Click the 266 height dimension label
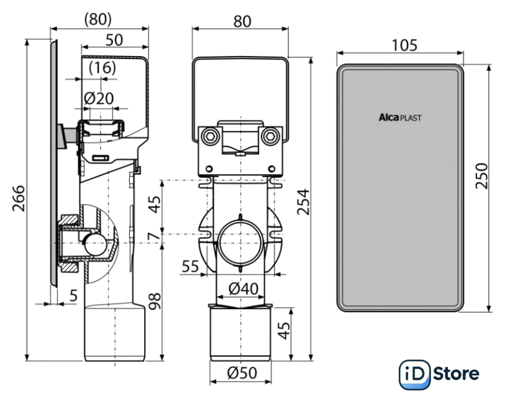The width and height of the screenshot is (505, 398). (19, 198)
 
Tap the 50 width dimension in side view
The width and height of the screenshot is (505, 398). (114, 39)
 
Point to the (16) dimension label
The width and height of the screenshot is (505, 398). (101, 68)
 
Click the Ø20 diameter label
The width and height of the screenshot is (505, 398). (99, 98)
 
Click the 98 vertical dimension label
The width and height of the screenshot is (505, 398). (155, 301)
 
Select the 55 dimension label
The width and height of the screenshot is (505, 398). (191, 267)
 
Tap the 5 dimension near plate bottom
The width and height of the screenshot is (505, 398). (73, 296)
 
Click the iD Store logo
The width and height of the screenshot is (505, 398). (439, 373)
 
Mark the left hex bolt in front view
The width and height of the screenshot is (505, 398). (210, 136)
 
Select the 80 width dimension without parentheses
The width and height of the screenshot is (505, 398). (242, 21)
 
